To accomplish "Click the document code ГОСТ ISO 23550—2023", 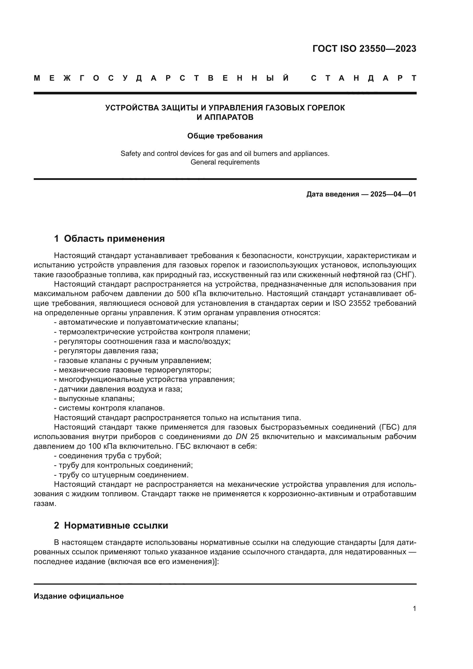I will click(364, 49).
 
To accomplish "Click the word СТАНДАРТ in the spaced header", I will click(363, 78).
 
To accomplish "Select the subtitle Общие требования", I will click(225, 136).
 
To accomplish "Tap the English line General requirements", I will click(225, 162).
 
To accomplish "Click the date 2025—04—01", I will click(393, 194).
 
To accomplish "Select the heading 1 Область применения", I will click(110, 239).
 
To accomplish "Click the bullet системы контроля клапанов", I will click(110, 408).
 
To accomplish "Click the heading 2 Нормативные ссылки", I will click(111, 525).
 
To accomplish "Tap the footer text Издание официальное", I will click(79, 596).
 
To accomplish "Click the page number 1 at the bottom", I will click(414, 609).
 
